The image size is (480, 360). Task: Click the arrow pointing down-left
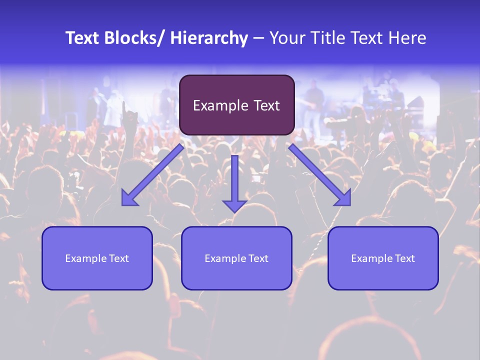tap(152, 175)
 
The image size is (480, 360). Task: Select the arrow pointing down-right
tap(320, 175)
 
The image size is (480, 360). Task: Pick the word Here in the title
tap(407, 38)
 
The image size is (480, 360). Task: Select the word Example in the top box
tap(220, 106)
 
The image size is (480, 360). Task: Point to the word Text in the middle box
tap(258, 258)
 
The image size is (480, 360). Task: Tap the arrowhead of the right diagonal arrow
tap(343, 199)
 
